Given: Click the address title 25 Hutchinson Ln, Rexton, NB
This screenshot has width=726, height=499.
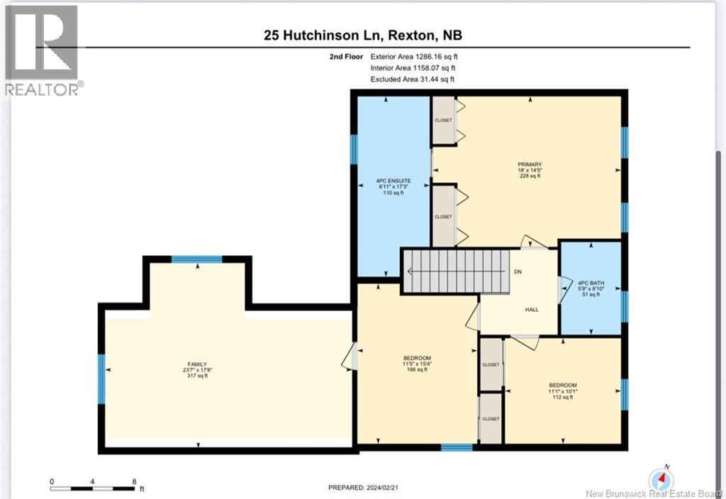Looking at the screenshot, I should [x=363, y=35].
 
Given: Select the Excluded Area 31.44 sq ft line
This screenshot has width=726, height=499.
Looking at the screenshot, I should [x=412, y=79].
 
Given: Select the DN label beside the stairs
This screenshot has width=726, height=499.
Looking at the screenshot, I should [x=518, y=272].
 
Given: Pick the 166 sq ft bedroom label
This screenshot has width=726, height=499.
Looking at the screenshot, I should [x=417, y=364].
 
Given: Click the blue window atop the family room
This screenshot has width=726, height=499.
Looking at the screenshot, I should [x=197, y=260].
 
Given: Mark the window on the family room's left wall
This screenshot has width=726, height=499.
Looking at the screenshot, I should [x=101, y=374].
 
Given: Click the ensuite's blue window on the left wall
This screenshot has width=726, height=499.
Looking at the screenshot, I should [x=354, y=150].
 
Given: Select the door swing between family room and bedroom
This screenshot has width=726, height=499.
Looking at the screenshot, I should [x=348, y=357].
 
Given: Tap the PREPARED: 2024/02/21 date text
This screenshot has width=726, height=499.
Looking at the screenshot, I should [x=363, y=488].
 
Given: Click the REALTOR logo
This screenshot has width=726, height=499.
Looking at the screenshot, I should [x=43, y=50].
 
